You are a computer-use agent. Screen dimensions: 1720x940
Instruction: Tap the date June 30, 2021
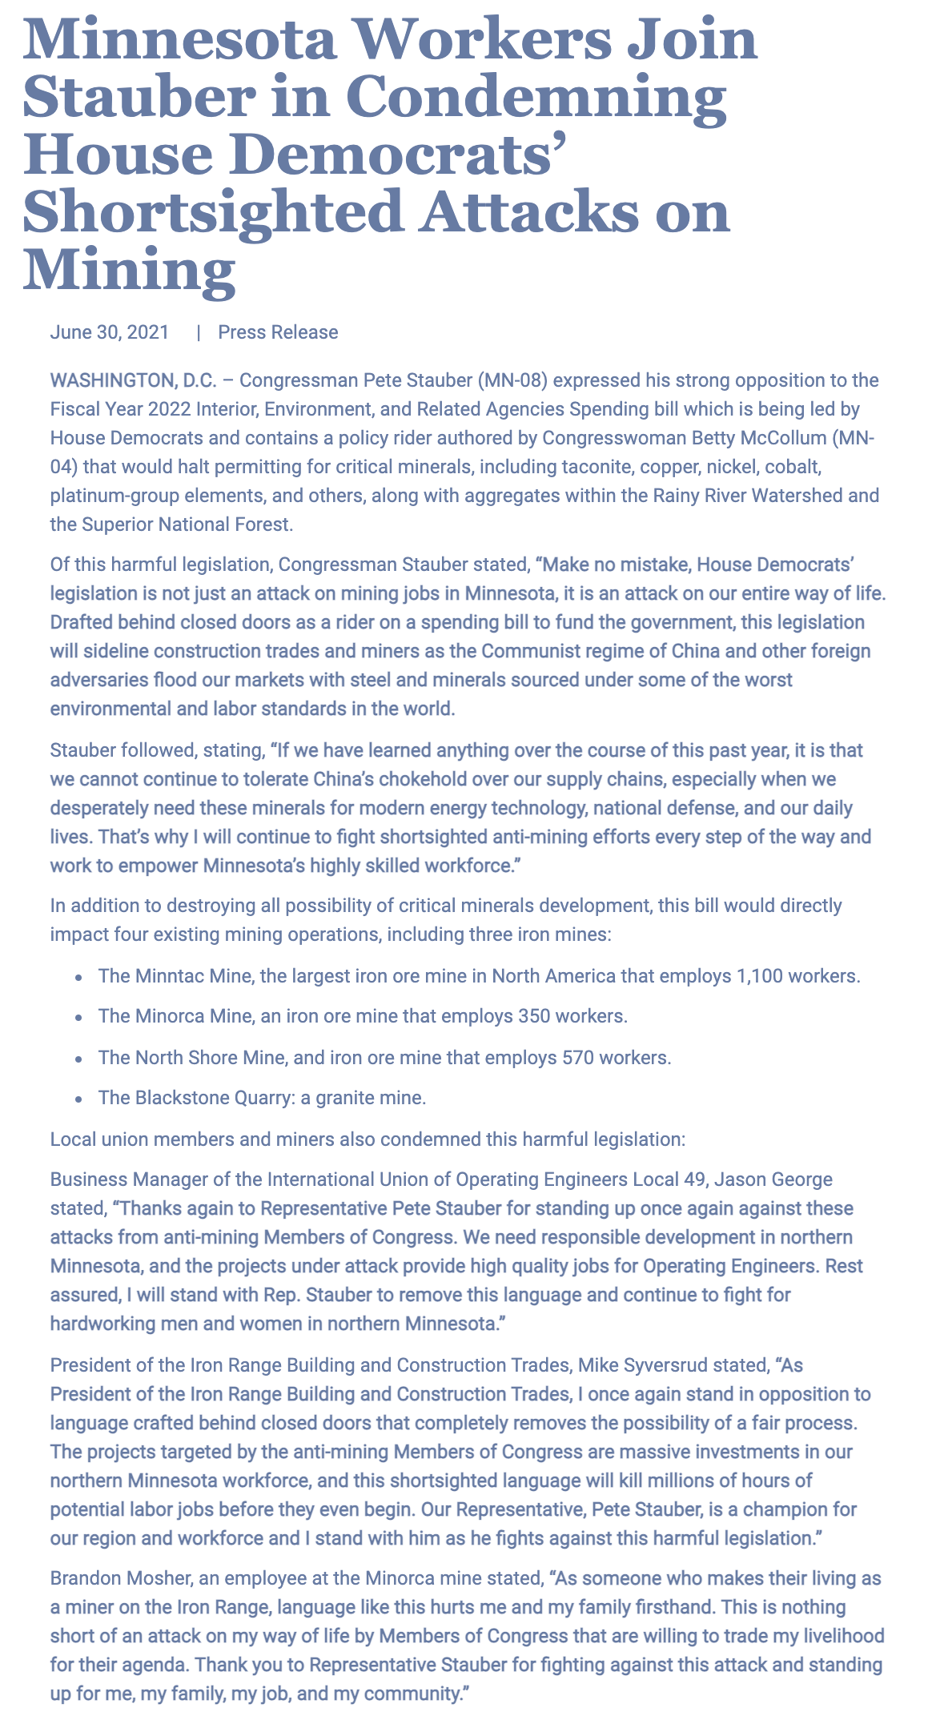pos(110,332)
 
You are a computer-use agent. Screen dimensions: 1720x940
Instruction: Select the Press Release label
pos(278,332)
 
